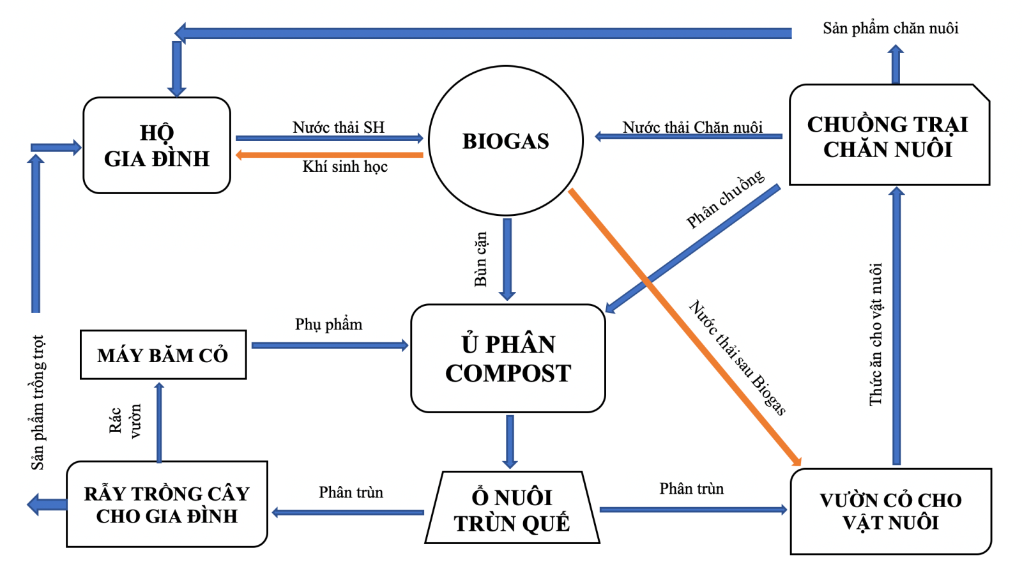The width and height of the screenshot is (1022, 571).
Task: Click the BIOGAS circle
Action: click(505, 141)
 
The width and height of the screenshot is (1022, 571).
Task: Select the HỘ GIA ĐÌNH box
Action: click(156, 146)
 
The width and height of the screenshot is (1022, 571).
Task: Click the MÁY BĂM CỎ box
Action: click(163, 355)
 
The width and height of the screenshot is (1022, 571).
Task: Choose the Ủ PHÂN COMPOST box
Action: click(508, 358)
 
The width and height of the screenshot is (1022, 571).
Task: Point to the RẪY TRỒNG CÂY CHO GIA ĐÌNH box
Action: click(167, 505)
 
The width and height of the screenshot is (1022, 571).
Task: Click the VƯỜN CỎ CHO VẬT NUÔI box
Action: click(890, 511)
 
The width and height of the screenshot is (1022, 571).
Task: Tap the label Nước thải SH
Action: click(339, 127)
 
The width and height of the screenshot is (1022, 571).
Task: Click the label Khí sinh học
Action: click(345, 167)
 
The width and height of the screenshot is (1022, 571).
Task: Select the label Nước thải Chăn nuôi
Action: click(692, 127)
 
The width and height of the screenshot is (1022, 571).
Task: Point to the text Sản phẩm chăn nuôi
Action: click(890, 28)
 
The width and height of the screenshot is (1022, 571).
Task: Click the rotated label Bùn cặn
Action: click(480, 259)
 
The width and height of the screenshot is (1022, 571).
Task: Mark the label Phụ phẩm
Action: click(328, 324)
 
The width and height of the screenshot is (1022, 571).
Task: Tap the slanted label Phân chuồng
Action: click(725, 199)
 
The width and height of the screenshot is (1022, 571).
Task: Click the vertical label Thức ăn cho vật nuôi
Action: click(876, 334)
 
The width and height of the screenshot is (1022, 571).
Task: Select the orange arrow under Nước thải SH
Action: click(330, 155)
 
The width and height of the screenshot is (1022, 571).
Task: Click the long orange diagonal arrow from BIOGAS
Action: click(683, 326)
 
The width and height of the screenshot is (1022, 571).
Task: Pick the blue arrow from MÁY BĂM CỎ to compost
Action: click(330, 346)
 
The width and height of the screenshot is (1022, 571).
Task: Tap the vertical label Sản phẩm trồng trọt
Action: click(38, 402)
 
